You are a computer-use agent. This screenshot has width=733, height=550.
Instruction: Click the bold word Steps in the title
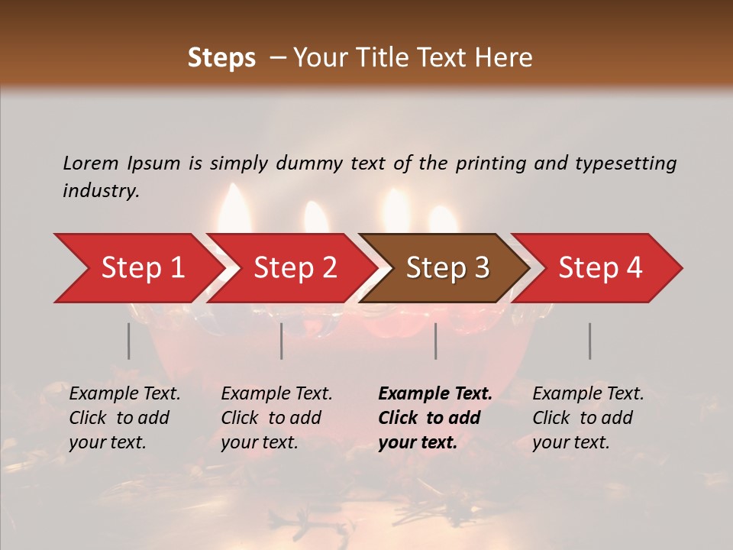click(x=221, y=58)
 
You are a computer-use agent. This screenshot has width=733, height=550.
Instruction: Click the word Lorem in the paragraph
click(x=90, y=163)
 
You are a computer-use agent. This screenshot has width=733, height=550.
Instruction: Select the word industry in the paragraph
click(x=100, y=191)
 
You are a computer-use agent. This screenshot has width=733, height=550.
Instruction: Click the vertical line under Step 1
click(x=128, y=341)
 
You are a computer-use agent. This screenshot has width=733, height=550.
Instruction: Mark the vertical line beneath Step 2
click(x=282, y=341)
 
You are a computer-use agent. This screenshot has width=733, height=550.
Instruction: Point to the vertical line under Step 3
click(x=436, y=341)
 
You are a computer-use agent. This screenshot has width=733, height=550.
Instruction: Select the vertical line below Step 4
click(x=590, y=341)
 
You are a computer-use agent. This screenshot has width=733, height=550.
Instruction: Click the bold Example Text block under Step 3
click(x=435, y=418)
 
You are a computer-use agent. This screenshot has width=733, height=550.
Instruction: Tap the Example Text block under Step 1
click(x=124, y=418)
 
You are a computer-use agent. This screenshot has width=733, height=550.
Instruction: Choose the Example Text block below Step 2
click(x=276, y=418)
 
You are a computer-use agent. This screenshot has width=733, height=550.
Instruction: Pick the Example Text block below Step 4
click(x=588, y=418)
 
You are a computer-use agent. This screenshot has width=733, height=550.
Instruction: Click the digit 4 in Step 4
click(x=634, y=268)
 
